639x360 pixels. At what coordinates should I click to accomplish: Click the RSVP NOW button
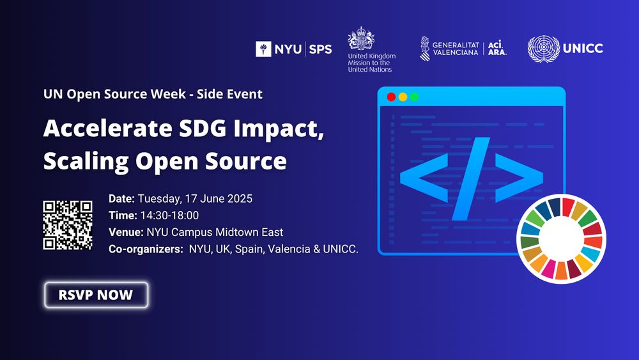coord(96,295)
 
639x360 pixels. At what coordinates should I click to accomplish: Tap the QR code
coord(68,225)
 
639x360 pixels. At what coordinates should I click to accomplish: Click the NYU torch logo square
coord(263,49)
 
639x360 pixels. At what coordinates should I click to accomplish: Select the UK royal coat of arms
coord(360,38)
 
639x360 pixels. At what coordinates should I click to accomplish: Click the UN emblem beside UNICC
coord(544,49)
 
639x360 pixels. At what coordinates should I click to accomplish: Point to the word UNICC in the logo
coord(583,49)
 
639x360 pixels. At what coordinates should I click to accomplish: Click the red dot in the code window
coord(391,97)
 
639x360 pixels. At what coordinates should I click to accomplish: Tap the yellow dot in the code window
coord(403,97)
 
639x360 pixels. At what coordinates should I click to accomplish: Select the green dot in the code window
coord(415,97)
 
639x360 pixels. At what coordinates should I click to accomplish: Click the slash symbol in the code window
coord(471,178)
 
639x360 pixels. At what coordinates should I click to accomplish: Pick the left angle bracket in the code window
coord(424,178)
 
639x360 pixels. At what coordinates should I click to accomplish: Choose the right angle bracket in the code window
coord(519,178)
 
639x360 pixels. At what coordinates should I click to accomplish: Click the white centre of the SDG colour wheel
coord(562,239)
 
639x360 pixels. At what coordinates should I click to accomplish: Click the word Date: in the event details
coord(121,199)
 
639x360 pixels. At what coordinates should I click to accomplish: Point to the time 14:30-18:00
coord(169,215)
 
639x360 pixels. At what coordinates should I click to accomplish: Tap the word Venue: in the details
coord(126,232)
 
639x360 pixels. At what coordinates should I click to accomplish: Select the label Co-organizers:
coord(146,249)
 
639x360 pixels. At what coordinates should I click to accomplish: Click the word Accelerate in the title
coord(108,128)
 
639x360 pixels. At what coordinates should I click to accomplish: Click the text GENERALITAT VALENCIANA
coord(456,49)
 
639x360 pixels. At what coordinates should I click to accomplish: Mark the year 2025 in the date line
coord(240,199)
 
